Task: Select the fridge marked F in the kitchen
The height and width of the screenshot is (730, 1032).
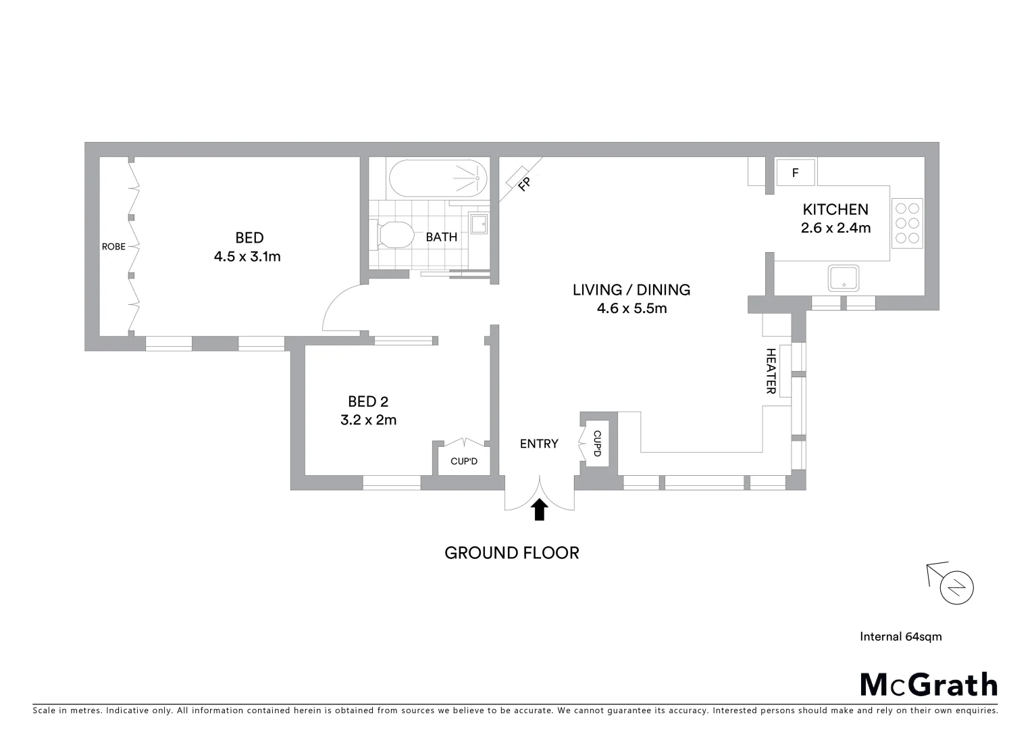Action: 795,173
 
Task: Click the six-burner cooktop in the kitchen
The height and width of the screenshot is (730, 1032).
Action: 907,223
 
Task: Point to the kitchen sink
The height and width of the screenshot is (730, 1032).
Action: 843,278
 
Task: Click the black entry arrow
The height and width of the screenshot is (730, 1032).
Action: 539,510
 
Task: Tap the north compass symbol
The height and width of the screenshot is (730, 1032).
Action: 956,586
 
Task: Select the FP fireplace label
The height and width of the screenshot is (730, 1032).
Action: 524,183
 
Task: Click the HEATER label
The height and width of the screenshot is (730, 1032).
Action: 771,370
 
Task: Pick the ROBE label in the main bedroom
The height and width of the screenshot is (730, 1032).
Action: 113,247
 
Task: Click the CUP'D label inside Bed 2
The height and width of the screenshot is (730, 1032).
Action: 464,462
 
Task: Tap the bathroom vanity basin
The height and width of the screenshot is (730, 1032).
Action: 479,223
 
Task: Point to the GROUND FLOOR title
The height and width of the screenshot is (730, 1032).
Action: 511,553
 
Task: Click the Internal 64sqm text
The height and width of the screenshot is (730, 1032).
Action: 900,636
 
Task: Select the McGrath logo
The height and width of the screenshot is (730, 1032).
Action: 929,685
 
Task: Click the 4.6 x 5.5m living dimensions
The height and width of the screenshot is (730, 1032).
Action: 631,309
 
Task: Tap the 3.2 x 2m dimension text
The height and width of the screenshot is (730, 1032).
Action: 368,420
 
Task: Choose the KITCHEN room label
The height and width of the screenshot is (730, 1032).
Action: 835,210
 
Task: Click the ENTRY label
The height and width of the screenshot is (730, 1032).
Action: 539,443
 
